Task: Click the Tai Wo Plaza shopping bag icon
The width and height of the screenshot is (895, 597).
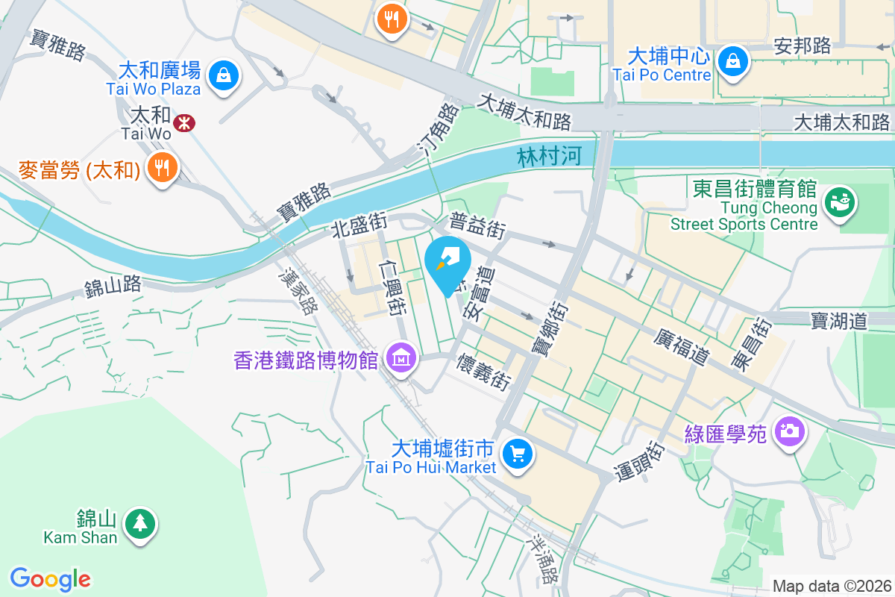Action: coord(223,75)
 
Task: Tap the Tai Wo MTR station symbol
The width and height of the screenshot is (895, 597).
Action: coord(181,122)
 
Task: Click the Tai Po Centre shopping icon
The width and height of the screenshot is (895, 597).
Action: coord(733,60)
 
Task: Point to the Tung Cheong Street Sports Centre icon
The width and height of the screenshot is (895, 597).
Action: coord(840,202)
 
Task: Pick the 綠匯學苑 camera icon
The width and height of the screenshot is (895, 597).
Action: coord(789,431)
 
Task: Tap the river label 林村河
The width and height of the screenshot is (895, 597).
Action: coord(549,157)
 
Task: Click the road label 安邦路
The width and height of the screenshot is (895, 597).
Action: coord(803,46)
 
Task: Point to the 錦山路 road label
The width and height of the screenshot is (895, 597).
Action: coord(113,284)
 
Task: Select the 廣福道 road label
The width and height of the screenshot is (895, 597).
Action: coord(681,346)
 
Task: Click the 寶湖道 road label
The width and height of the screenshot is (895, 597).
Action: coord(840,322)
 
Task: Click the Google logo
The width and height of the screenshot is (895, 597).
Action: coord(50,579)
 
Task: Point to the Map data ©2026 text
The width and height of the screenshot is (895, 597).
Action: coord(832,587)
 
